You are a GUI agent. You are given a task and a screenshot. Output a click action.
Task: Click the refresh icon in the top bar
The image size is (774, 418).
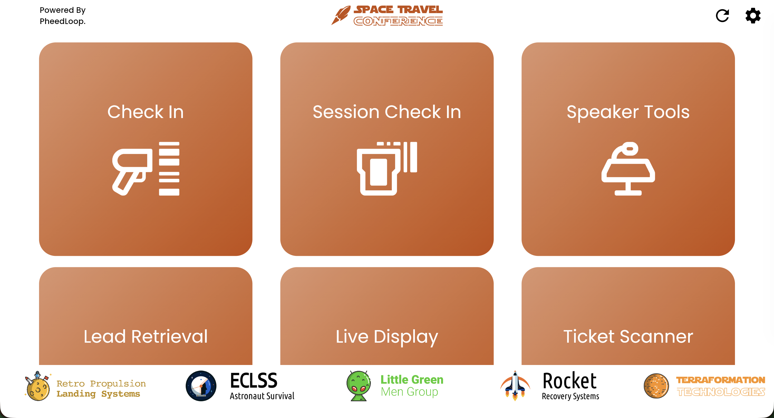point(722,16)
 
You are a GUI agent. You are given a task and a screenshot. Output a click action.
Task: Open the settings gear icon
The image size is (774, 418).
point(753,16)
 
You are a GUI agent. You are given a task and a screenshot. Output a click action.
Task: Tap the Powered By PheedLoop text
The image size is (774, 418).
point(62,16)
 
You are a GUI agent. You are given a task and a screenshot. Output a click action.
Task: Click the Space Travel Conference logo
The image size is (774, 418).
point(387,15)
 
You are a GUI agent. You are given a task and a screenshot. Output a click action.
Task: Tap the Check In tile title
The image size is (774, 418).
point(146,112)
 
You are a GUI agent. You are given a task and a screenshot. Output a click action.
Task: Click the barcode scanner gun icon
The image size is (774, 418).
point(146,169)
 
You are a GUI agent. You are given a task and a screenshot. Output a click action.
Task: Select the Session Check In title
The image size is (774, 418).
point(387,112)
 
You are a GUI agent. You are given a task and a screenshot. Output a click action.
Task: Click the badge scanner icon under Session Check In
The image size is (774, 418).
point(387,169)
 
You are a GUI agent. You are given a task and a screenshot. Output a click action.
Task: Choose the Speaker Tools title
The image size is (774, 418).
point(628,112)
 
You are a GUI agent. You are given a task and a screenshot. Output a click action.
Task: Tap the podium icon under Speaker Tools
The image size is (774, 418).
point(628,169)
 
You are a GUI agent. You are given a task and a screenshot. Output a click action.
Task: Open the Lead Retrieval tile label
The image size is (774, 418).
point(146,336)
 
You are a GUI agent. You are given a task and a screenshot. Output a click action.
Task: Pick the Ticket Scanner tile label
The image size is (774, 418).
point(628,336)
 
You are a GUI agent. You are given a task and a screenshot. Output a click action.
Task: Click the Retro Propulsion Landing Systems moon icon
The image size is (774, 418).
point(38,386)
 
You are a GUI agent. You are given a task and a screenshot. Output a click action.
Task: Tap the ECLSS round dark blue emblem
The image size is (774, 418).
point(201,386)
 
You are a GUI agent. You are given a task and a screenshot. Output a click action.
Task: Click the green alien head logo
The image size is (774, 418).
point(359,386)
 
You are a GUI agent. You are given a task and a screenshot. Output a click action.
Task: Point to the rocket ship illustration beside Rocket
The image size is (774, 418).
point(515,386)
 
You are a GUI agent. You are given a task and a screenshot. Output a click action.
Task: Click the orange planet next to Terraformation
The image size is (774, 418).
point(656,386)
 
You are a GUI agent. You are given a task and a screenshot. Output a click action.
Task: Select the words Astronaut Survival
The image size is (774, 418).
point(262,396)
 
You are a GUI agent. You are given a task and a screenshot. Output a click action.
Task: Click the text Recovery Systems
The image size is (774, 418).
point(570,396)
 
